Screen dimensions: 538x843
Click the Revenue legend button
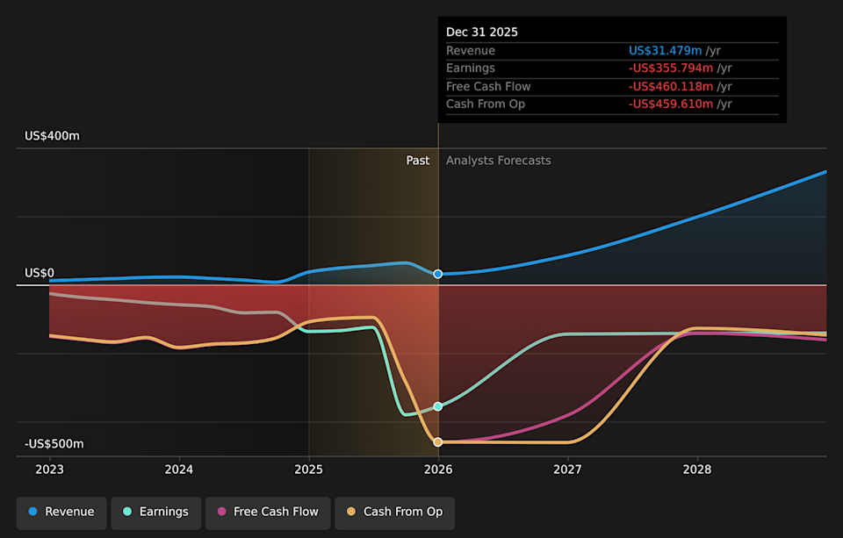tap(61, 513)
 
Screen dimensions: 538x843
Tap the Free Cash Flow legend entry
tap(268, 513)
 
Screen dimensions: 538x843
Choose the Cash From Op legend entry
tap(394, 513)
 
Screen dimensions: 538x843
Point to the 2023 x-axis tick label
tap(49, 470)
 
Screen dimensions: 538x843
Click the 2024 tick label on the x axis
tap(179, 470)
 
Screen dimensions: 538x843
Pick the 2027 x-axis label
tap(568, 470)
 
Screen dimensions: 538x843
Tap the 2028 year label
tap(697, 470)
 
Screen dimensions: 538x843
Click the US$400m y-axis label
tap(52, 136)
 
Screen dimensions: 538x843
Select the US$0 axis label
tap(40, 273)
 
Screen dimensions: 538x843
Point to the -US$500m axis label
tap(54, 444)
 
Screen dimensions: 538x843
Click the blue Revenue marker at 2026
tap(438, 275)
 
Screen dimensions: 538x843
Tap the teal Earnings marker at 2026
tap(438, 406)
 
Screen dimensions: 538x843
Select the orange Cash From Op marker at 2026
tap(438, 442)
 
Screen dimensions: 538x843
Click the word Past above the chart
tap(418, 161)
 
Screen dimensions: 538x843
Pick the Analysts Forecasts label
tap(498, 161)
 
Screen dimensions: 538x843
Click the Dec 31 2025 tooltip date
tap(482, 32)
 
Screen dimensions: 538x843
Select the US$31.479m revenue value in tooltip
tap(665, 51)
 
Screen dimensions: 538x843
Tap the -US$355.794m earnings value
tap(671, 68)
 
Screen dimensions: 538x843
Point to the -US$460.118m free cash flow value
tap(671, 86)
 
